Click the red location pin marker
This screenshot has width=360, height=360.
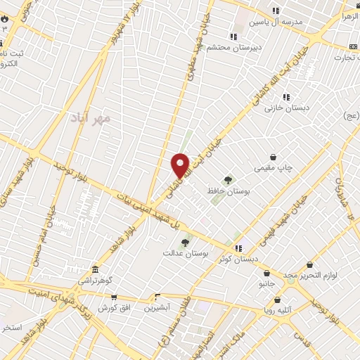180,165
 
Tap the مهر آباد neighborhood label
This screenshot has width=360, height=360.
91,118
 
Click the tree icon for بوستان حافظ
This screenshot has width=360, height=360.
226,180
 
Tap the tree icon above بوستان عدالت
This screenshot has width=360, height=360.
185,242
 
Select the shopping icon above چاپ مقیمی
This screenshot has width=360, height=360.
273,157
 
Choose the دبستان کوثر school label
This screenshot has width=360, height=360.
235,259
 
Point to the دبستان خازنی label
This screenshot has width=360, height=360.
283,108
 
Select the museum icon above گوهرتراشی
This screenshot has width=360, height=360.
95,269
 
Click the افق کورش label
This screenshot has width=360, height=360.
111,308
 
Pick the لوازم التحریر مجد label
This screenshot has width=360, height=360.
307,274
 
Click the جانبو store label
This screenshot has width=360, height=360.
266,284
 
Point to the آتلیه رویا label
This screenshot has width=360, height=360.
288,307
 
